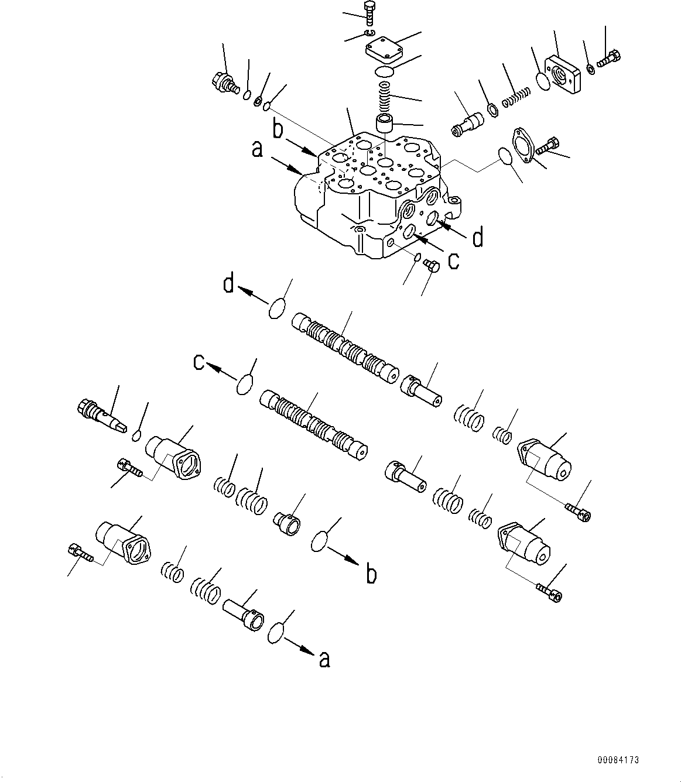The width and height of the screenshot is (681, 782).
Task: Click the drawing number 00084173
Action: (x=618, y=760)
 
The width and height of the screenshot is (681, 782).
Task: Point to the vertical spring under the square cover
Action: (x=385, y=94)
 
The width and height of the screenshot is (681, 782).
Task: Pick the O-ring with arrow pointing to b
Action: (x=321, y=541)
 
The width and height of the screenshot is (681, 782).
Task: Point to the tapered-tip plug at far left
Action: (x=101, y=416)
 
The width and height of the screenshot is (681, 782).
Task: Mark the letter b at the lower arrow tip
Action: (x=371, y=575)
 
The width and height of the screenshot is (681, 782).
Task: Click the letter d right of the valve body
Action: (x=478, y=238)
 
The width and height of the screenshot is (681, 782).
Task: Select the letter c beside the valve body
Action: (x=453, y=262)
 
